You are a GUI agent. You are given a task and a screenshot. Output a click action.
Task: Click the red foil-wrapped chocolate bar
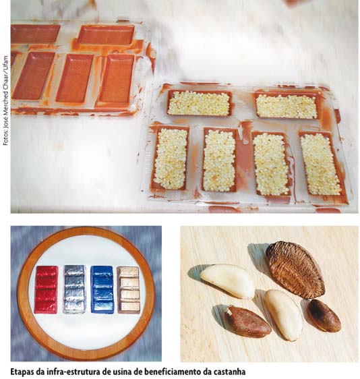[x=46, y=289]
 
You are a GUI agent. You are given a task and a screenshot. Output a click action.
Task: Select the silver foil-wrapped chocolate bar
[x=74, y=289]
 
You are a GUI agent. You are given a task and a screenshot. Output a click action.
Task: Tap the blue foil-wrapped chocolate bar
[x=102, y=289]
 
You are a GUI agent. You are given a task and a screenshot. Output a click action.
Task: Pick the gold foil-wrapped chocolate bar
[x=129, y=290]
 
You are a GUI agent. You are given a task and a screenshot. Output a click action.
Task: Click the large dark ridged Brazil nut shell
[x=295, y=269]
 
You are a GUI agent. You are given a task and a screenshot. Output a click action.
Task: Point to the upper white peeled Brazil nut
[x=227, y=281]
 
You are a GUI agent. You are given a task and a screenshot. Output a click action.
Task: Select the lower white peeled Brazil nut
[x=284, y=315]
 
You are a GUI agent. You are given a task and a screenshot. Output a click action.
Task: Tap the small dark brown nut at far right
[x=324, y=315]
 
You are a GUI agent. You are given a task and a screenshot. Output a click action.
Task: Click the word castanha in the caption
[x=229, y=372]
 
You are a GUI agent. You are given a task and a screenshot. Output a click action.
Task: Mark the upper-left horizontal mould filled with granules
[x=199, y=103]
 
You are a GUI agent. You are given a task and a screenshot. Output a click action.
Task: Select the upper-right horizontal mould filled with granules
[x=287, y=106]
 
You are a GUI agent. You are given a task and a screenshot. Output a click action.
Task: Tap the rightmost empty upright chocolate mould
[x=117, y=79]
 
